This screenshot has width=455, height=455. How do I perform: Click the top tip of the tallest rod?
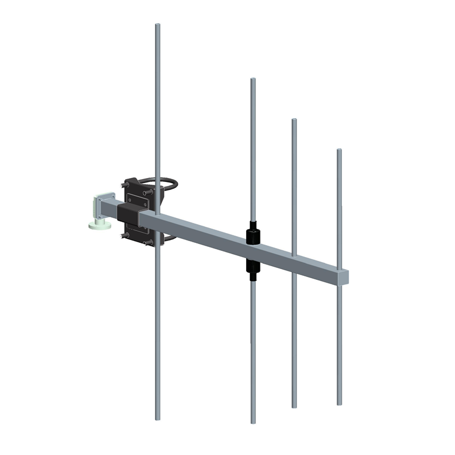pos(158,25)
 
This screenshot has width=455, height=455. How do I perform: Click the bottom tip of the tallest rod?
pos(158,419)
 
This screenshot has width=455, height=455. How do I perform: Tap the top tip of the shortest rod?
pos(339,150)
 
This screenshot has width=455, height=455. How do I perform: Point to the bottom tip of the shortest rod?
pos(339,404)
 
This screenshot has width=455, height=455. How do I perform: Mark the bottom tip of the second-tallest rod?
pos(253,423)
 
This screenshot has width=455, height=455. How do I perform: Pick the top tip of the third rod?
pos(294,120)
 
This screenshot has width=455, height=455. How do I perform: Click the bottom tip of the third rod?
pos(294,407)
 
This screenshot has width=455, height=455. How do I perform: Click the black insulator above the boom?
pos(253,234)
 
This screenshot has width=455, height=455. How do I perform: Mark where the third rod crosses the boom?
pos(294,257)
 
